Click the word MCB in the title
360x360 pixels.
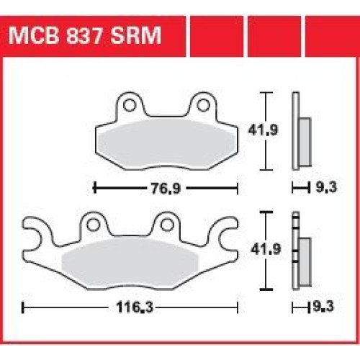pyautogui.click(x=34, y=35)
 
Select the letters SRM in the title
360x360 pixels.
pyautogui.click(x=136, y=35)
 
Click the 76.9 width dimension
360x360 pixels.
pyautogui.click(x=166, y=189)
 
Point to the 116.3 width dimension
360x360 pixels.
pyautogui.click(x=135, y=307)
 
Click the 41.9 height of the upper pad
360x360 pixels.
pyautogui.click(x=263, y=130)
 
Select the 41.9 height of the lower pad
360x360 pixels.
pyautogui.click(x=266, y=249)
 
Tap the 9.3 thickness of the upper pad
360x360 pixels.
pyautogui.click(x=326, y=187)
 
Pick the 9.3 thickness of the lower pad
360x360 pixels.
pyautogui.click(x=323, y=307)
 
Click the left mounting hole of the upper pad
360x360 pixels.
pyautogui.click(x=130, y=104)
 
